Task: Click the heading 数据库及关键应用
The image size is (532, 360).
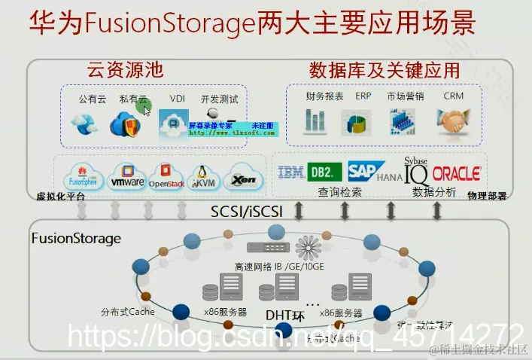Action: [x=384, y=72]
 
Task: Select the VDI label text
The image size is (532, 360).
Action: [x=177, y=99]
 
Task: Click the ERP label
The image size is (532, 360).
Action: [x=363, y=97]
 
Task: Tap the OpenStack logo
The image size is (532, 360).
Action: [x=166, y=178]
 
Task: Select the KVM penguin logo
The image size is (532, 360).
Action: [x=202, y=178]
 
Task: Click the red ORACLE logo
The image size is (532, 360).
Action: [x=457, y=173]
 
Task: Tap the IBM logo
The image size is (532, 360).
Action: [x=291, y=173]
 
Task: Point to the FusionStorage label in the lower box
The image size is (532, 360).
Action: [x=75, y=238]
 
